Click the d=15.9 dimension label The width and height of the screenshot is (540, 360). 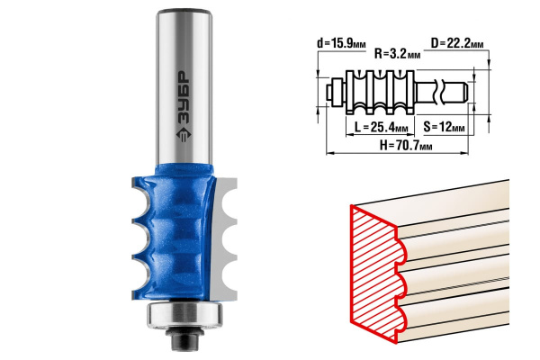(x=341, y=43)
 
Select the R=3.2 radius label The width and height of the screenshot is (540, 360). (x=397, y=54)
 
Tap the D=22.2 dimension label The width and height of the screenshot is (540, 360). (x=457, y=43)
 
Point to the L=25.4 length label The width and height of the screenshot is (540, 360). (x=382, y=128)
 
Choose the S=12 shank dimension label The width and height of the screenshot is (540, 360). (x=444, y=127)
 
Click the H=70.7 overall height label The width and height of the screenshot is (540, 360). (x=406, y=146)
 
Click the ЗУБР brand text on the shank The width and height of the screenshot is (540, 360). (x=184, y=98)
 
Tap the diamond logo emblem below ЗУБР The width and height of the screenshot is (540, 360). (x=184, y=135)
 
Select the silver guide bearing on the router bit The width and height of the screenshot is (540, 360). (x=184, y=315)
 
